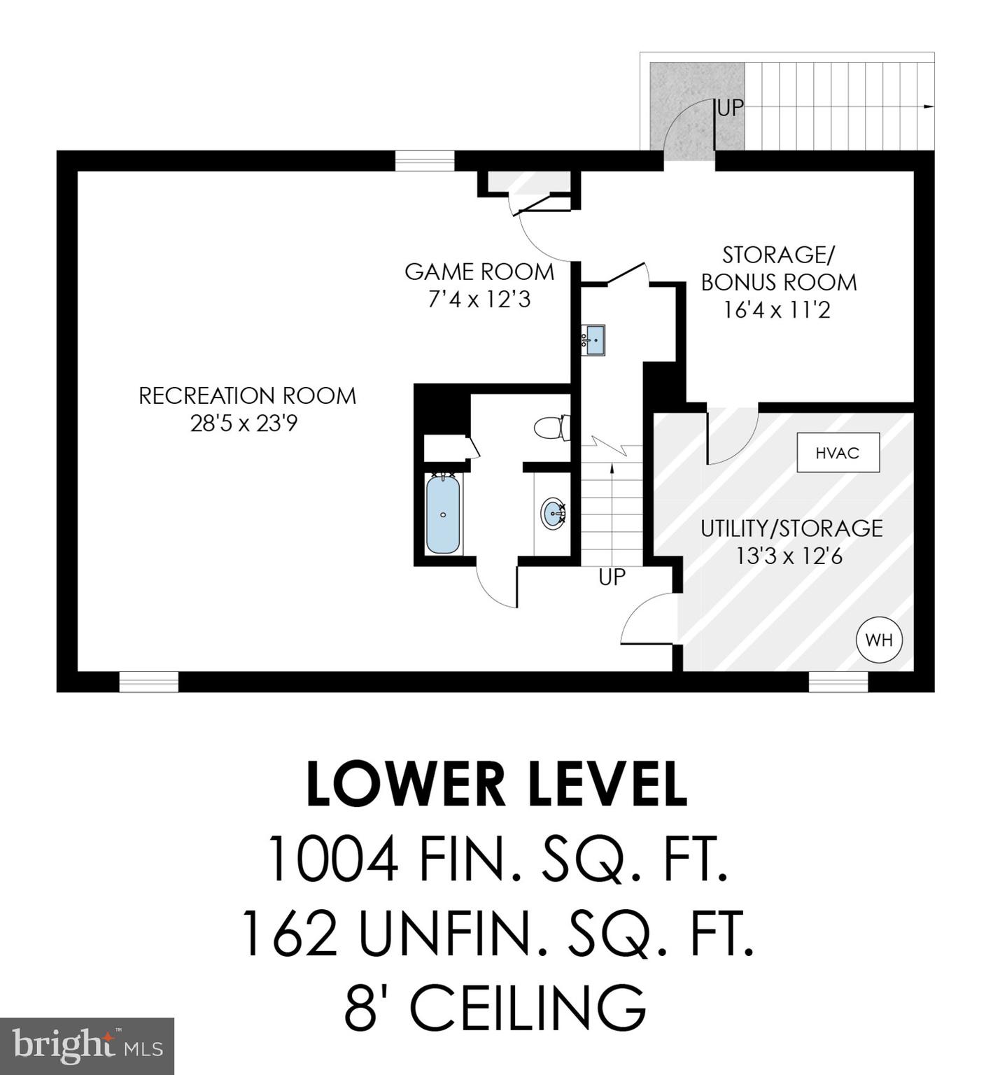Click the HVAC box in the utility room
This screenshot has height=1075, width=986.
pyautogui.click(x=838, y=453)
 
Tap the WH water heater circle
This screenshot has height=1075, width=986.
pyautogui.click(x=879, y=639)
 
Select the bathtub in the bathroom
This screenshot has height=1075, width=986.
pyautogui.click(x=443, y=514)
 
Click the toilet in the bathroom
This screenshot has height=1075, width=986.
pyautogui.click(x=553, y=428)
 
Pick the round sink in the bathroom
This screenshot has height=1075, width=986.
pyautogui.click(x=554, y=513)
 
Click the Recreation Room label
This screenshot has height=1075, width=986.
pyautogui.click(x=247, y=396)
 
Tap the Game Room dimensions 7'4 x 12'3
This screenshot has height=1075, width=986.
pyautogui.click(x=479, y=300)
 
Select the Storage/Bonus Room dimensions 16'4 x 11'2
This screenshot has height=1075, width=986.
pyautogui.click(x=777, y=309)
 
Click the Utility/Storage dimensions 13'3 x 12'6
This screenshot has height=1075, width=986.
pyautogui.click(x=789, y=556)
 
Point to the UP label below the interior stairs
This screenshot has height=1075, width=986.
pyautogui.click(x=612, y=577)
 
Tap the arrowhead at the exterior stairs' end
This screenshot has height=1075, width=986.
pyautogui.click(x=929, y=106)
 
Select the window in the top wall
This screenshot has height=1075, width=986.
pyautogui.click(x=425, y=161)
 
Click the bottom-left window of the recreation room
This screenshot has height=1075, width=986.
pyautogui.click(x=148, y=682)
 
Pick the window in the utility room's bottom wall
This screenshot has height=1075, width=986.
pyautogui.click(x=838, y=682)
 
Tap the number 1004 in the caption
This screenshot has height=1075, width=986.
pyautogui.click(x=332, y=861)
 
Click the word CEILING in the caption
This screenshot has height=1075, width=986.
pyautogui.click(x=527, y=1008)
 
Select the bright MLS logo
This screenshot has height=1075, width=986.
pyautogui.click(x=87, y=1046)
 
